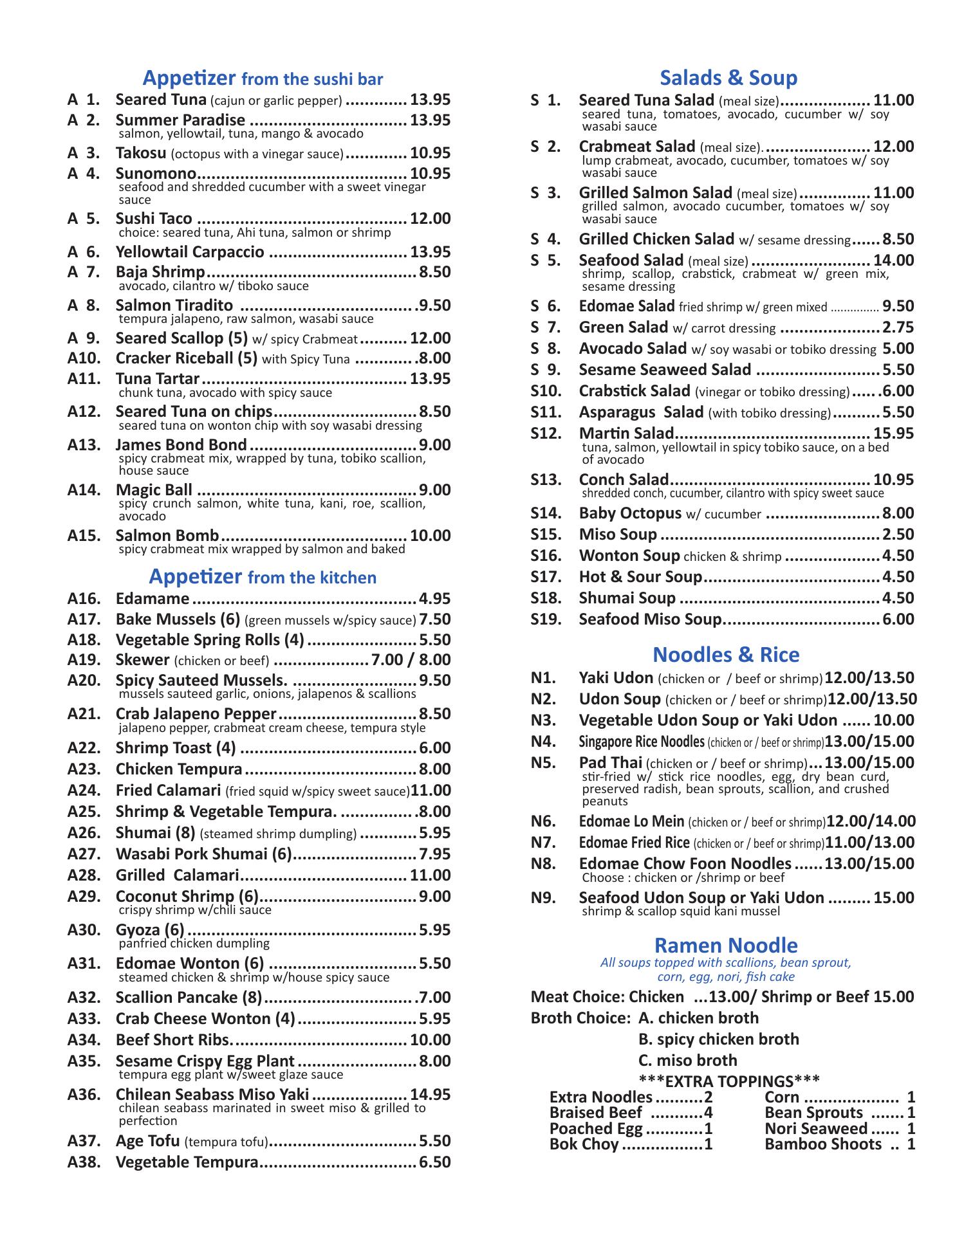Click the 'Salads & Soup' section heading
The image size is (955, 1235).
(x=728, y=78)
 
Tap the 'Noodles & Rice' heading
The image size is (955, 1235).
(x=726, y=655)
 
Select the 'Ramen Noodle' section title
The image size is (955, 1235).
(x=726, y=945)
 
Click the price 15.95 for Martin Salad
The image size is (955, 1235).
(x=893, y=434)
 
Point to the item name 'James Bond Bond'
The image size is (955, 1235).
(x=181, y=445)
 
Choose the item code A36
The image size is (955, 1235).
(x=84, y=1095)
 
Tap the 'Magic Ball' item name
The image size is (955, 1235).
(x=154, y=490)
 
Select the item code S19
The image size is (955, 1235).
(x=546, y=619)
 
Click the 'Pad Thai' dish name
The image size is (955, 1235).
(x=610, y=763)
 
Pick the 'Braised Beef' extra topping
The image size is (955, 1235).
(x=595, y=1113)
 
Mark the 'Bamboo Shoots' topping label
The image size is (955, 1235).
(x=823, y=1144)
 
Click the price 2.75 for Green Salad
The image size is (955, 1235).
(x=898, y=327)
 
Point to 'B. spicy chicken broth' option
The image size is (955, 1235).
(x=719, y=1039)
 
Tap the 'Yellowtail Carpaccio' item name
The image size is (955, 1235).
(x=190, y=252)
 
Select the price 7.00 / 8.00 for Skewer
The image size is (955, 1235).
(x=411, y=660)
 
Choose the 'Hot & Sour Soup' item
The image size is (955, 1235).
(x=640, y=577)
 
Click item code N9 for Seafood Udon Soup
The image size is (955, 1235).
(x=543, y=898)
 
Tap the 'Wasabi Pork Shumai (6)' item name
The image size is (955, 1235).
(x=204, y=854)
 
